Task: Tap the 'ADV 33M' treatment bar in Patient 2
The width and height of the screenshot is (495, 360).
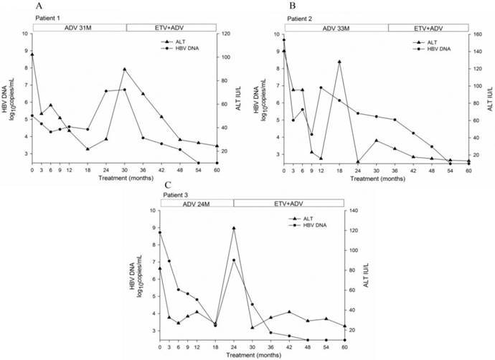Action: pos(336,27)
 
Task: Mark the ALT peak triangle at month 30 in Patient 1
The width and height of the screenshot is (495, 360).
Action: pos(125,70)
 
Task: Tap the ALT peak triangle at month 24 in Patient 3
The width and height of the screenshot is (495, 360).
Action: pos(234,228)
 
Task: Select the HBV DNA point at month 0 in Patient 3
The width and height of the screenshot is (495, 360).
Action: pos(160,232)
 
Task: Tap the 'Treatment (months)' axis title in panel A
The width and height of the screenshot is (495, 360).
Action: pos(124,178)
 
